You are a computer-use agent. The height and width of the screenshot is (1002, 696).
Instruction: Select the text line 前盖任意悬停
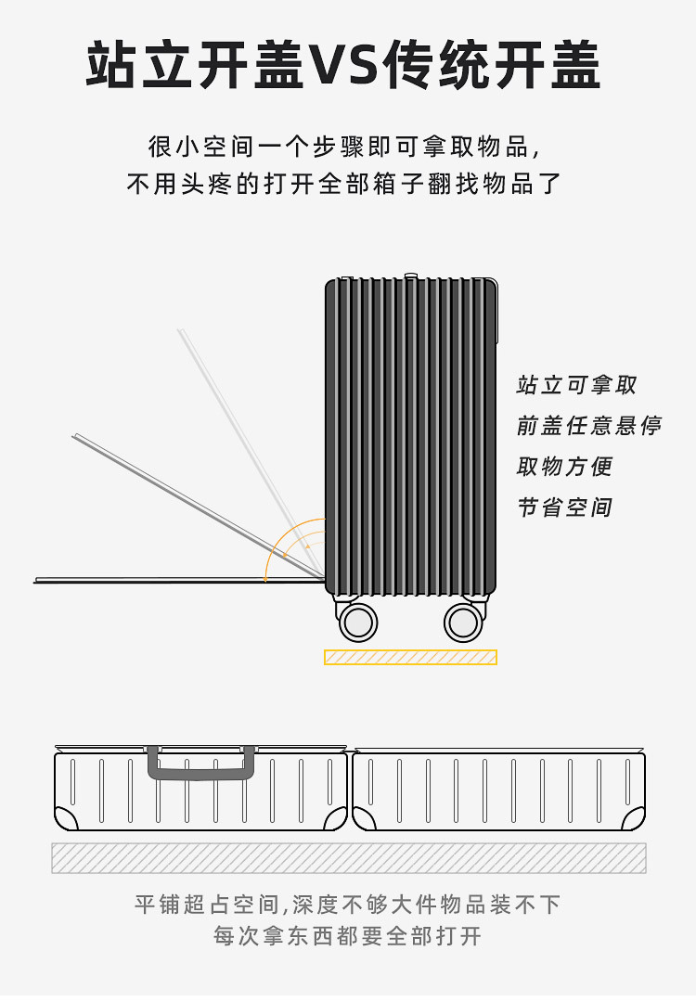coord(588,426)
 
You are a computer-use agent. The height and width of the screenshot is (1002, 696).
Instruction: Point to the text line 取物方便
coord(564,467)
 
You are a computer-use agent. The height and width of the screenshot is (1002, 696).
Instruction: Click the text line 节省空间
coord(564,507)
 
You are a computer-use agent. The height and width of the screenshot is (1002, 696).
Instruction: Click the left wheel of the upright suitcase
coord(358,622)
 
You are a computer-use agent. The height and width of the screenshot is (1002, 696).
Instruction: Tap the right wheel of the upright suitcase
coord(463,622)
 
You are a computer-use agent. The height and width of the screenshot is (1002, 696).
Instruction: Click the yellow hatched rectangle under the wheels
coord(410,657)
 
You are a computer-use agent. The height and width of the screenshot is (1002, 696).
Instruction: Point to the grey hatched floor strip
coord(348,858)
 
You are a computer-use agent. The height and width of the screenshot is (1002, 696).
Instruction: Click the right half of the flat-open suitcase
coord(498,790)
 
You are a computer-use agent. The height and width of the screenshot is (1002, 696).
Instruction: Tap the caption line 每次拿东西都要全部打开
coord(348,936)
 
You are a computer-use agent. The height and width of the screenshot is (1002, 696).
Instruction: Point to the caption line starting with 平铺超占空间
coord(348,905)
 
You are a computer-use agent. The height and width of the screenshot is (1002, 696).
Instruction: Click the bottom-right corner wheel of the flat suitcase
coord(634,818)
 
